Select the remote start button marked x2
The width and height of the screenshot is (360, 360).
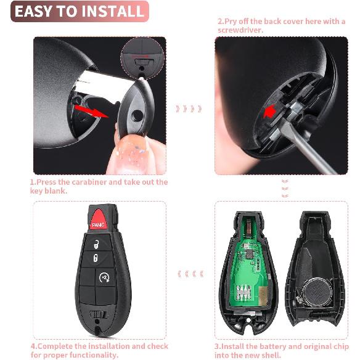[x=103, y=278]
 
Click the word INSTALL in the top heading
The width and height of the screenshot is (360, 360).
[x=112, y=11]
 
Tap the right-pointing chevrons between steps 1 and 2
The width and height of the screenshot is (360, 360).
[x=188, y=109]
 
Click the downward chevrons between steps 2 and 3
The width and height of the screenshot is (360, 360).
[x=285, y=189]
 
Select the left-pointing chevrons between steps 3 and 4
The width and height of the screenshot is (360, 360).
[x=188, y=274]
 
